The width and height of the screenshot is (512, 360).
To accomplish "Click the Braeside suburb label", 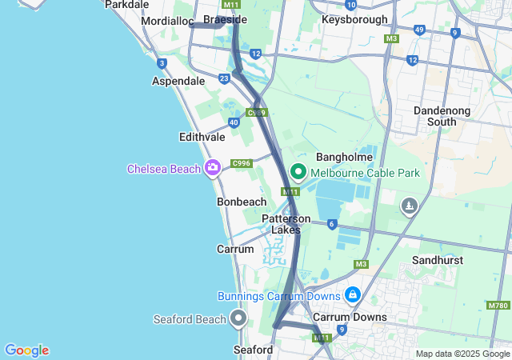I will [x=226, y=19].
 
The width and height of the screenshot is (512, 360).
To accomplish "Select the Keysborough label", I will [x=354, y=19].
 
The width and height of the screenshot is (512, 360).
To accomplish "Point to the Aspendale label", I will [x=178, y=82].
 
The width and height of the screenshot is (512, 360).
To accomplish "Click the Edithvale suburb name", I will [x=202, y=138].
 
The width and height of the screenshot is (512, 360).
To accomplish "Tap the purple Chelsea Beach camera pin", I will [x=213, y=168].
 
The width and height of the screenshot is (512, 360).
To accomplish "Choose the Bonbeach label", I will [x=242, y=202].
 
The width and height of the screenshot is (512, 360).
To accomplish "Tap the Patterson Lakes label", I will [x=286, y=224].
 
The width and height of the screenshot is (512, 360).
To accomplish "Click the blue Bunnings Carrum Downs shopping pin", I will [x=352, y=296].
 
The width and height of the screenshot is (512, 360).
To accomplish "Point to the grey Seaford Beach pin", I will [x=238, y=319].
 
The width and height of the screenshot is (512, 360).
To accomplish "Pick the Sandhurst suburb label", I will [x=437, y=261].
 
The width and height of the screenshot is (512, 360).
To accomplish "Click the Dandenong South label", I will [x=435, y=116].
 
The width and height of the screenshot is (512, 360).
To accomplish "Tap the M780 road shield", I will [x=497, y=305].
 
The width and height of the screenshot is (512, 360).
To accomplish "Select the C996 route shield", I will [x=242, y=164].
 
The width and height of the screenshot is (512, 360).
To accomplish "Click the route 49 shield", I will [x=419, y=30].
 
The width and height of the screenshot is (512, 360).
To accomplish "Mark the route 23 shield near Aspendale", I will [x=223, y=78].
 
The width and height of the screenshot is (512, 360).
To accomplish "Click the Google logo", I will [x=26, y=350].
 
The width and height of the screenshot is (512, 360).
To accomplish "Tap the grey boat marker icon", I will [x=410, y=206].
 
